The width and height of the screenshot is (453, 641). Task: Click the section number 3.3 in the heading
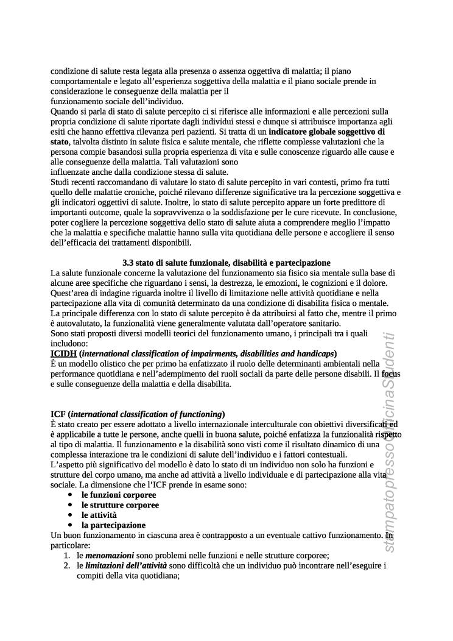(128, 263)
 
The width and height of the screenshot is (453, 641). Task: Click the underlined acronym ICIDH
(63, 353)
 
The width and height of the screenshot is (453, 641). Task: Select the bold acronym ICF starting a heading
(58, 414)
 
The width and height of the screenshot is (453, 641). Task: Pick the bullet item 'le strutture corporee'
(120, 505)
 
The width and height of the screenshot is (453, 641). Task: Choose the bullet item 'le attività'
(99, 515)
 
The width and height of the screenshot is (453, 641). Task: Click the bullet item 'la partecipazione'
(113, 525)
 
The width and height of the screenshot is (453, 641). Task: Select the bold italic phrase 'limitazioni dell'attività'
(125, 565)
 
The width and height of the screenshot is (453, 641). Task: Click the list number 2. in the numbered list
(68, 565)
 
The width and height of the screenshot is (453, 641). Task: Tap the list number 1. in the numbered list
(68, 555)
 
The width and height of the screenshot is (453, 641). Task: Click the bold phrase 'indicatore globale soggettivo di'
(326, 131)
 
